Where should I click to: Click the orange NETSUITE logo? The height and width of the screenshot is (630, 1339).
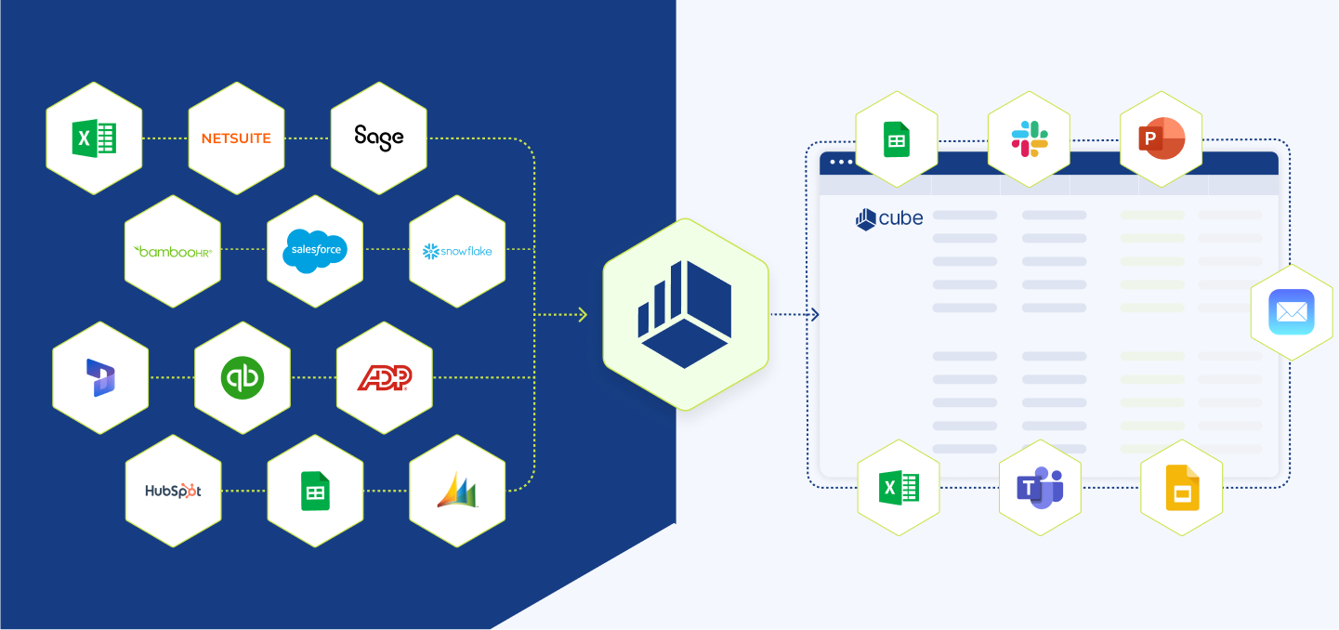[236, 138]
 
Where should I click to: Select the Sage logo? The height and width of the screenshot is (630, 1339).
[379, 138]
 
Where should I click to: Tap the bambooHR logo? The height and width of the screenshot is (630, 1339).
[173, 251]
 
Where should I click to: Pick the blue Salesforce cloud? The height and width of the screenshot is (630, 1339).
[315, 250]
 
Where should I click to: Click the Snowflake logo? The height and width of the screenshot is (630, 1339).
[457, 251]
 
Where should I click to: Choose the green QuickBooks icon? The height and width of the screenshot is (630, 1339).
[243, 378]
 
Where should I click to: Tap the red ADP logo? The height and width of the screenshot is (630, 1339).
[385, 378]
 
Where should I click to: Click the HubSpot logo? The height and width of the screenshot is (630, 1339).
[173, 491]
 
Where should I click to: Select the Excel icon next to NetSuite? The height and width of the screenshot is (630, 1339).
[94, 138]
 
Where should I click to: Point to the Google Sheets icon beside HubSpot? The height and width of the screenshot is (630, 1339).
[315, 491]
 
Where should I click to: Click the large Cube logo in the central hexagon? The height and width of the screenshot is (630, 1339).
[685, 314]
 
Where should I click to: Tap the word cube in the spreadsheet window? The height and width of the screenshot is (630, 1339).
[900, 218]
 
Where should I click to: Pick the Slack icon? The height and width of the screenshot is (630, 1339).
[1030, 139]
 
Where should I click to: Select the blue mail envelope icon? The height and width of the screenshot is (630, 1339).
[1293, 312]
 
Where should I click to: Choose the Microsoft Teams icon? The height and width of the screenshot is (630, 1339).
[1040, 488]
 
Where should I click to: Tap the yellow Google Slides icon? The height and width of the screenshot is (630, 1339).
[1182, 488]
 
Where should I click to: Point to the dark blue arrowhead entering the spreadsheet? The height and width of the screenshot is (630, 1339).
[815, 315]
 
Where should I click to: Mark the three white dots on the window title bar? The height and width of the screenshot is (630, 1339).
[841, 162]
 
